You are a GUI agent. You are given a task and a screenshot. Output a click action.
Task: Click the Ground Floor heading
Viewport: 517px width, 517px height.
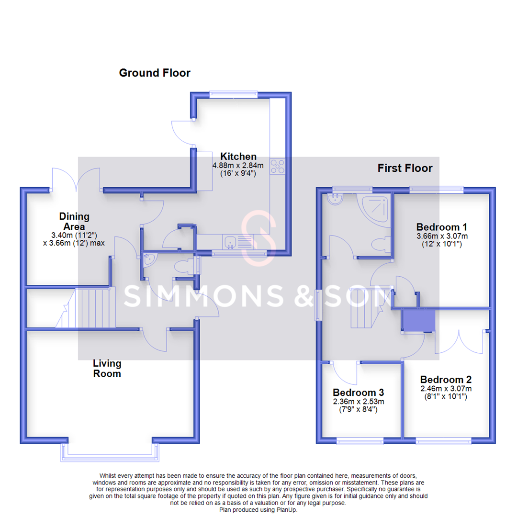[155, 73]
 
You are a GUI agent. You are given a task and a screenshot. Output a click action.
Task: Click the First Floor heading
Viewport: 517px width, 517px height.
[405, 168]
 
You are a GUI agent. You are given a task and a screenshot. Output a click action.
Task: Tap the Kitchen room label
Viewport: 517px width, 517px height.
[238, 157]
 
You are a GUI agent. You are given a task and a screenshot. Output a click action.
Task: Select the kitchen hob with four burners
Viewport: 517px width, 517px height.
[278, 167]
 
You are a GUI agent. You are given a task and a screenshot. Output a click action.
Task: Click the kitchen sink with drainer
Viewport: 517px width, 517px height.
[238, 242]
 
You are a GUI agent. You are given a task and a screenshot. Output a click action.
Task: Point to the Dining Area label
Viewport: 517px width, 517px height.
[74, 222]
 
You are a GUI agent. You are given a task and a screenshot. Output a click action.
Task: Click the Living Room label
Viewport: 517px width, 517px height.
[107, 369]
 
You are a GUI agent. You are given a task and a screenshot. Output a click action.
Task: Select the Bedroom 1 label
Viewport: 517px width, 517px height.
[441, 227]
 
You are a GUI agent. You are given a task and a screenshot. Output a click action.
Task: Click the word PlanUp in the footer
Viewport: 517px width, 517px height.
[286, 510]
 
